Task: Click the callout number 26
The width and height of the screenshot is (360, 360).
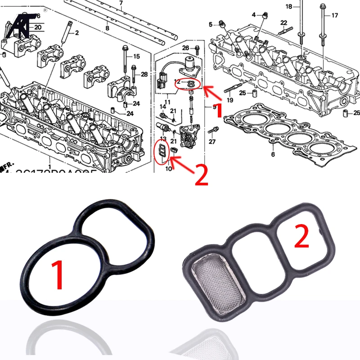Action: [185, 48]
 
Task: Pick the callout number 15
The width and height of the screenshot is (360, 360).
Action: [136, 56]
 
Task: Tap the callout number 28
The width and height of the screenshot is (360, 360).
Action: [144, 74]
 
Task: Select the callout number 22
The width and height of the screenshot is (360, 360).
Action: [283, 22]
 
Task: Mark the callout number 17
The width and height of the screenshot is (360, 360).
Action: [334, 15]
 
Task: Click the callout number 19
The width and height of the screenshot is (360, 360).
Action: [230, 100]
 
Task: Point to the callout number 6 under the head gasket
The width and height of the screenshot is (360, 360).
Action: [272, 154]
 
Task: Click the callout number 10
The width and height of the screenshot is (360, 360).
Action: [169, 169]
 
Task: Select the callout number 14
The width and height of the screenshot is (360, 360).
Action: [163, 106]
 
